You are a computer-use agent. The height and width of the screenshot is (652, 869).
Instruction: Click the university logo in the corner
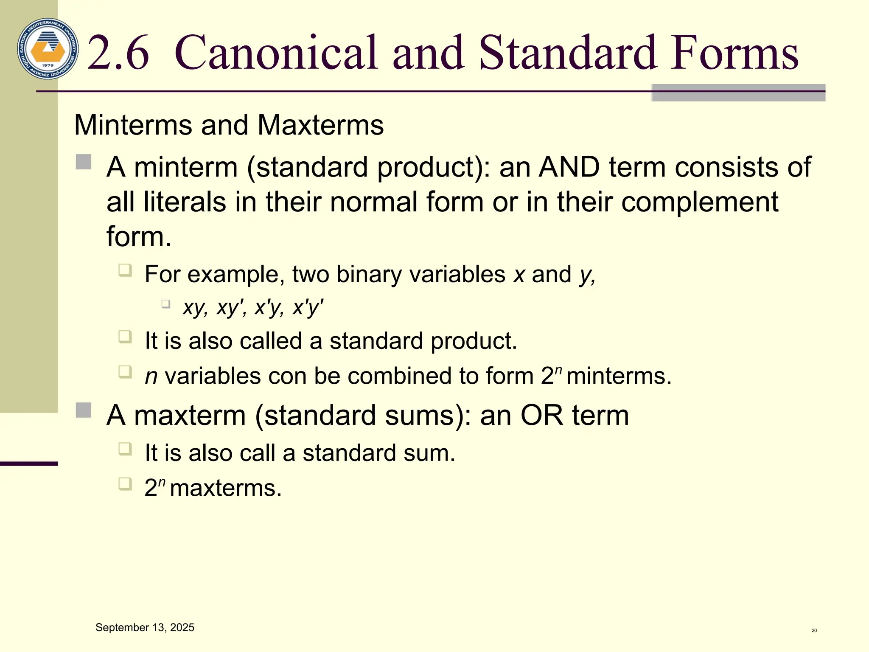[48, 49]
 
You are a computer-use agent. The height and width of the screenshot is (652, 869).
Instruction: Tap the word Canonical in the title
[276, 53]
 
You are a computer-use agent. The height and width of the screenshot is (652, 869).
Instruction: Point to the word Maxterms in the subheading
[320, 125]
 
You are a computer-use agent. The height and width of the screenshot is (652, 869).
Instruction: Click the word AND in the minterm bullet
[569, 167]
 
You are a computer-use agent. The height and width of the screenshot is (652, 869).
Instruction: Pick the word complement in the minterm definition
[700, 202]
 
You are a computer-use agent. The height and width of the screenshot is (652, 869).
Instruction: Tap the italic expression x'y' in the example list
[308, 307]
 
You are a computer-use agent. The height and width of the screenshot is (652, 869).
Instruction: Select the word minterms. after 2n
[619, 376]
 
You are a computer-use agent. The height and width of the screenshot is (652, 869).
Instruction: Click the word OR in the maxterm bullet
[542, 415]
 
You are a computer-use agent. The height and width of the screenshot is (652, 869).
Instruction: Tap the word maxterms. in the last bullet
[226, 488]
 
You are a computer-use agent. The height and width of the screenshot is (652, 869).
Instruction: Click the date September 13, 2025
[145, 627]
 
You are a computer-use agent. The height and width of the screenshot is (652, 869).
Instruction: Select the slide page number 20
[814, 630]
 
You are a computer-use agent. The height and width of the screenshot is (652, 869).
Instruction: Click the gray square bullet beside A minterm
[84, 162]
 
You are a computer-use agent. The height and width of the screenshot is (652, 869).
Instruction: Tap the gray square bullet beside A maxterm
[84, 410]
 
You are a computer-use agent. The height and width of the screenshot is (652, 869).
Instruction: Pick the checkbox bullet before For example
[125, 270]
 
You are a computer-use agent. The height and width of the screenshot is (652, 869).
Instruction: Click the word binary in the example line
[368, 275]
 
